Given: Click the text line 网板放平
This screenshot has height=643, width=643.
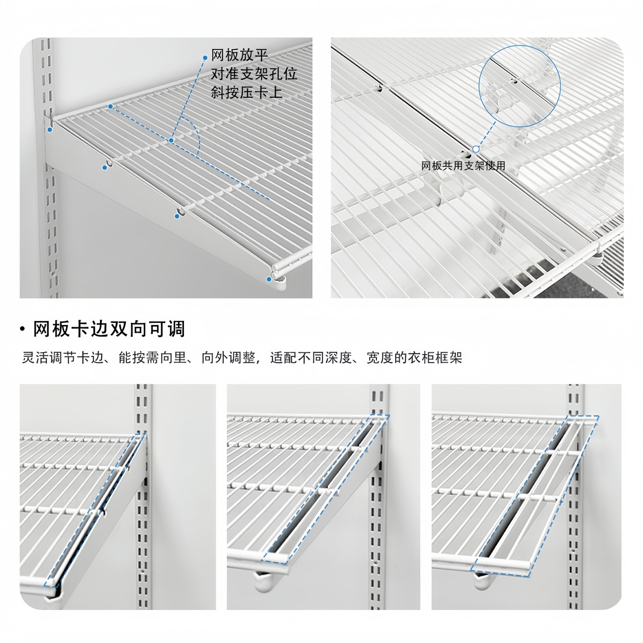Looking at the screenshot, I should coord(239,55).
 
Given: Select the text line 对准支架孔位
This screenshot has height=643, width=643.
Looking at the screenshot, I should coord(254,74).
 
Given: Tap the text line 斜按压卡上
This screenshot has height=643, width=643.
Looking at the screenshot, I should coord(246,92).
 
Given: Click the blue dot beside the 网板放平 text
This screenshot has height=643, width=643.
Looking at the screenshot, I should coord(205,58).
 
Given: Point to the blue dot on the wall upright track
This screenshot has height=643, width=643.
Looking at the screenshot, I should coord(50,130).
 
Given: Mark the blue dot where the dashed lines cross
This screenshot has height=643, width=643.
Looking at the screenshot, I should coord(171,141).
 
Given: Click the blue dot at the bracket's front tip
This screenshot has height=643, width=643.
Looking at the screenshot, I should coord(269,280).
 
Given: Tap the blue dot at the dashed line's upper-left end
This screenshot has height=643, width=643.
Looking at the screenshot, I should coord(110,106).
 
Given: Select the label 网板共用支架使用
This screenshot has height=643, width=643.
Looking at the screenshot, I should coord(463,166).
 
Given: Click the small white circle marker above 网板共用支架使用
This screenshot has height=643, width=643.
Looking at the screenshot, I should coord(476,149).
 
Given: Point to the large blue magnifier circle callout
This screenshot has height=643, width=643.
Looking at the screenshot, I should coord(519,86).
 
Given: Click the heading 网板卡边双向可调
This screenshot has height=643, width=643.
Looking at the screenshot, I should coord(109,329).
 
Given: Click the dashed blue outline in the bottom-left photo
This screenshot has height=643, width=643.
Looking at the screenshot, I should coord(95,509).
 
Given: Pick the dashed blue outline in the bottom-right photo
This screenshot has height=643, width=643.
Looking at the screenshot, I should coord(534,496).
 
